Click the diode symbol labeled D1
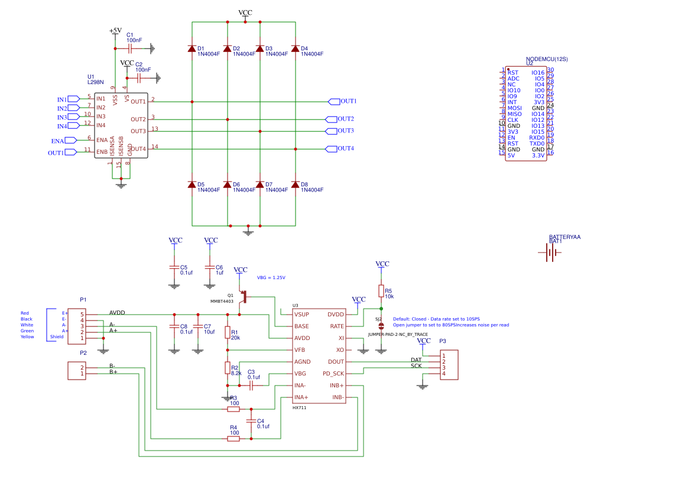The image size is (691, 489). [192, 48]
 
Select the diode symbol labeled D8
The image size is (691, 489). [295, 184]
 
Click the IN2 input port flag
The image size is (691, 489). [73, 108]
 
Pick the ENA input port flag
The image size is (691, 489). [70, 140]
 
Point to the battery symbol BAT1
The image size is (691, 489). [550, 253]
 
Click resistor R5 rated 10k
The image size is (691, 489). [381, 290]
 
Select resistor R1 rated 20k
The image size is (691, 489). [227, 333]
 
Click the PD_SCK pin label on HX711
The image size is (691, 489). [333, 374]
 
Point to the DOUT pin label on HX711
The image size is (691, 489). [336, 362]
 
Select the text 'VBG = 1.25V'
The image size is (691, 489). [271, 277]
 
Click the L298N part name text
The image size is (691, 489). [95, 83]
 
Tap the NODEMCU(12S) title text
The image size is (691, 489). [546, 59]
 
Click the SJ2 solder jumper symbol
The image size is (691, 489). [381, 326]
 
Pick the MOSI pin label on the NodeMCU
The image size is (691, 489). [514, 108]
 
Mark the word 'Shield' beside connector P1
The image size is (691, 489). [57, 337]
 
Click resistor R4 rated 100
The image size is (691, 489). [234, 439]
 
